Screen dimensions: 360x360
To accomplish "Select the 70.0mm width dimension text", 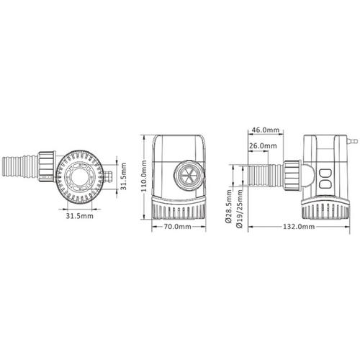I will coord(176,227).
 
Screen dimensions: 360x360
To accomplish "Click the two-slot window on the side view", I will coord(325,176).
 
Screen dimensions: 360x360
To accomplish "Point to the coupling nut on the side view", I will coord(291,175).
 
